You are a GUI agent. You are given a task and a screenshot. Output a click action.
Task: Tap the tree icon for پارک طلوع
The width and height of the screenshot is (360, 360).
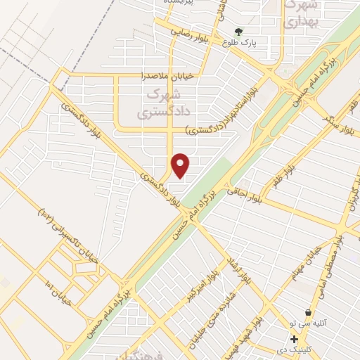(238, 32)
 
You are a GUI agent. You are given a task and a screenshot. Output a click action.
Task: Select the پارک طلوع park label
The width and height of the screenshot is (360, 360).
(238, 43)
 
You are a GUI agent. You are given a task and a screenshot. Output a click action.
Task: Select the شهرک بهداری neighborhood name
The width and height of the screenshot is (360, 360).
(302, 14)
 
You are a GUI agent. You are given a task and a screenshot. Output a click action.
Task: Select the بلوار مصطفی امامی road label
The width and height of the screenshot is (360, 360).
(334, 260)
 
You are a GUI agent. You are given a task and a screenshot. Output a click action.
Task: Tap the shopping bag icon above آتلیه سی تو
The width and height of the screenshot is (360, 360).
(308, 311)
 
